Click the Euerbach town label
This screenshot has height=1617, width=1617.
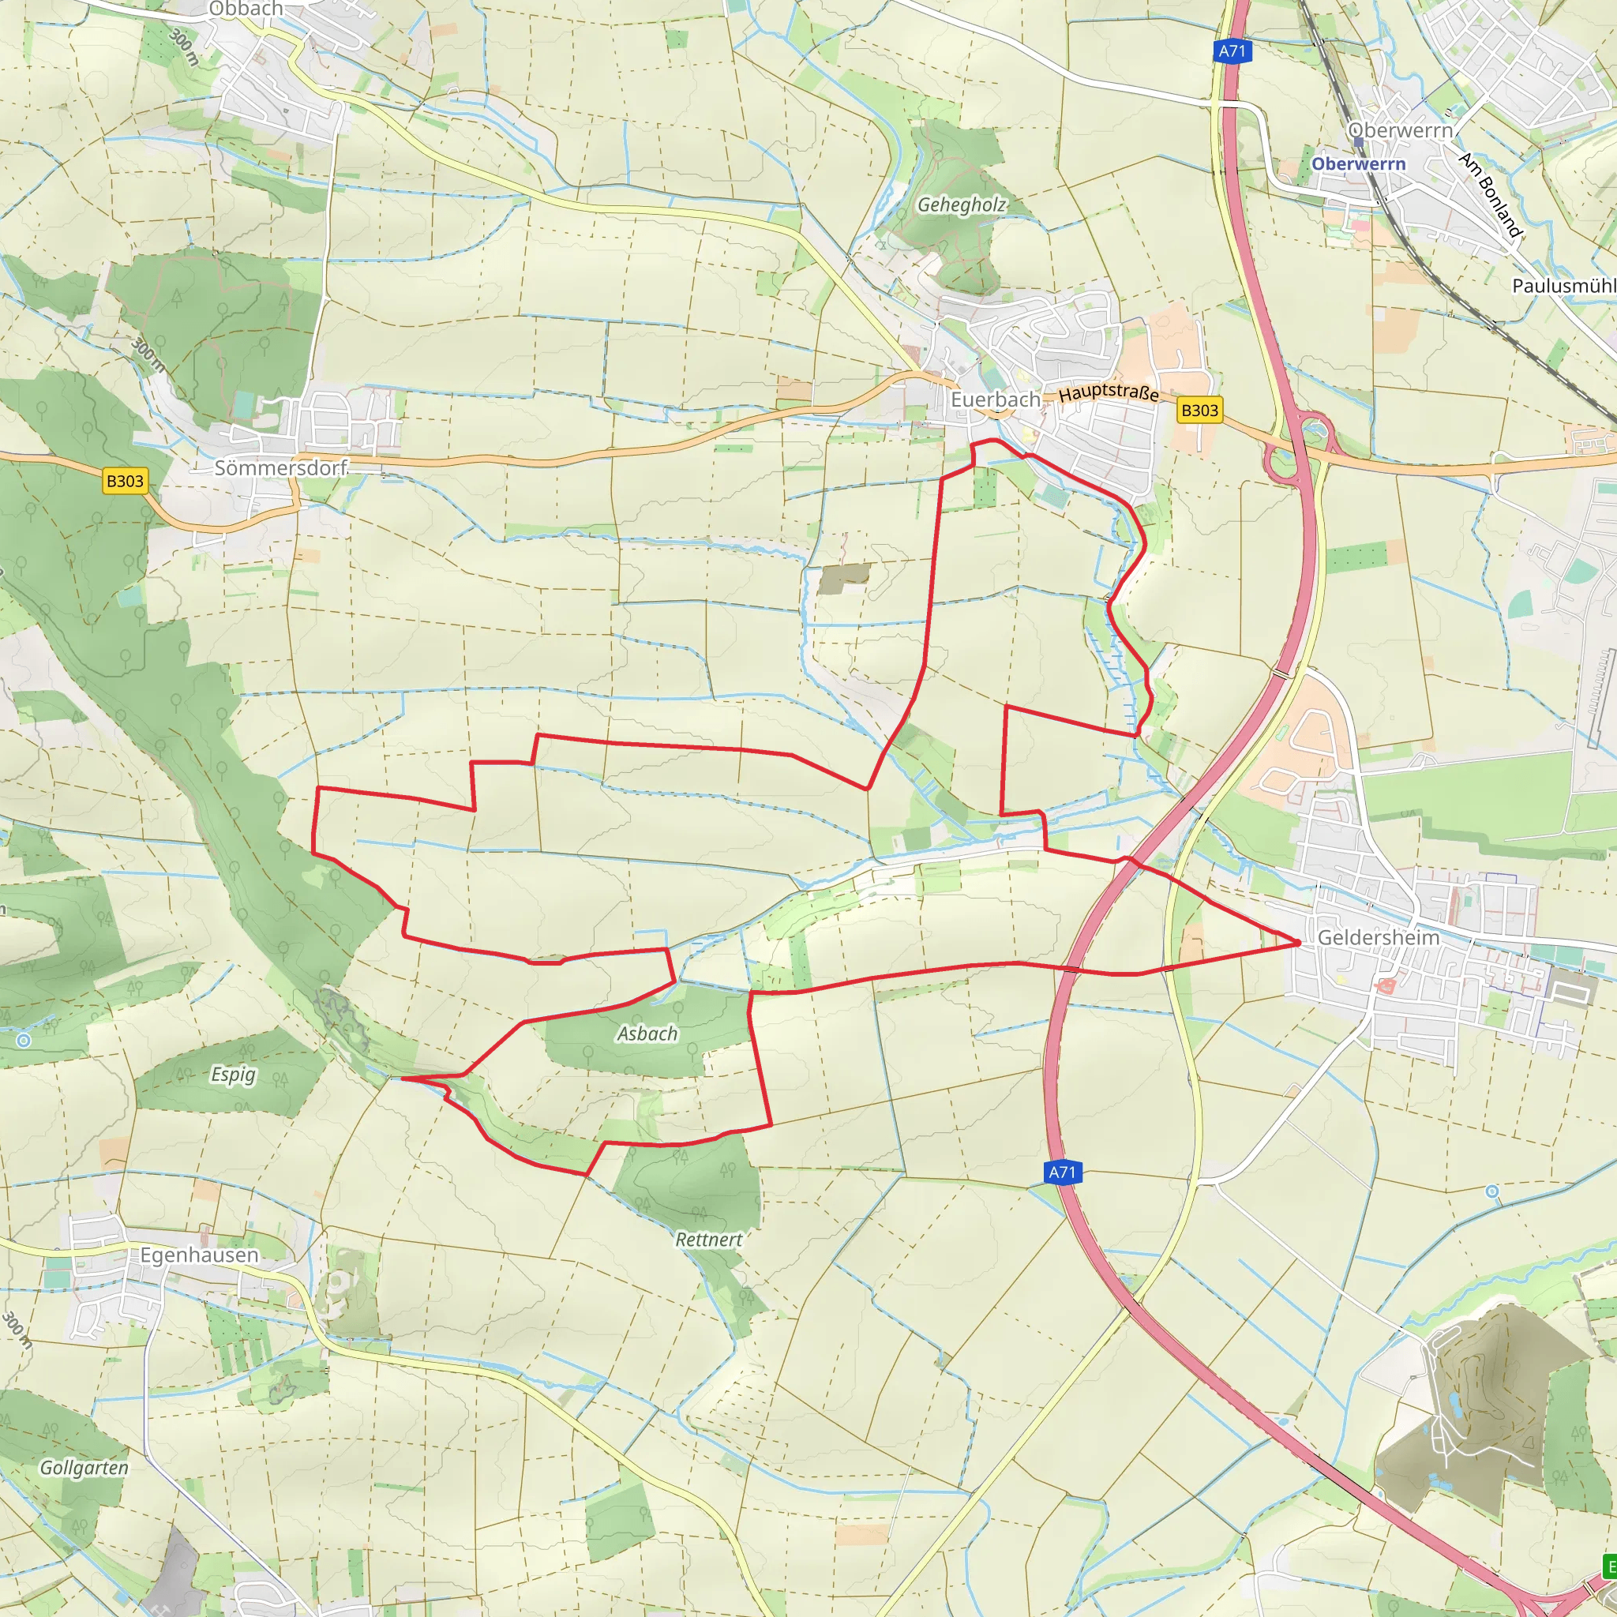(995, 400)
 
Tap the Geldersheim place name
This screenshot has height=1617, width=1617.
(1378, 937)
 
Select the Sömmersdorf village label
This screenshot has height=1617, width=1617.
(280, 468)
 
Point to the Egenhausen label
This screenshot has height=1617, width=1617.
(199, 1255)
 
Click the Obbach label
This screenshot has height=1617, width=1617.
(246, 9)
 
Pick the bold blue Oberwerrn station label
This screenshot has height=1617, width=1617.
(1357, 164)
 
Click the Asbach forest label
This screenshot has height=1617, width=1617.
(647, 1034)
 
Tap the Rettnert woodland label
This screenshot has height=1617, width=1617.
(708, 1240)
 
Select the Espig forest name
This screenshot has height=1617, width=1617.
(233, 1074)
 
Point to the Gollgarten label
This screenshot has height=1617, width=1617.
(84, 1467)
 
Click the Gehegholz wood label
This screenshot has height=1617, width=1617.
(961, 205)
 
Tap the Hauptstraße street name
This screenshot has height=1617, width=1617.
(1108, 392)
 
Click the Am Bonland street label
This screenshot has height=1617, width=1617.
(1490, 194)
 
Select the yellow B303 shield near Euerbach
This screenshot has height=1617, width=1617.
(1199, 410)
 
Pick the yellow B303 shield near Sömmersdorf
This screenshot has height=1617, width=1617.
(125, 482)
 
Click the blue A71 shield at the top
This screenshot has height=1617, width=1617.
(1231, 51)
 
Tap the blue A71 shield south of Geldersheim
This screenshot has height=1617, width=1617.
(1062, 1172)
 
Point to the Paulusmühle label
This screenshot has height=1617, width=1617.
(1563, 285)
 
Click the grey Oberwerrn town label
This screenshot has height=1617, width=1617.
(1399, 130)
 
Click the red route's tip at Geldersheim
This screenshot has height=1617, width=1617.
(1299, 942)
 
